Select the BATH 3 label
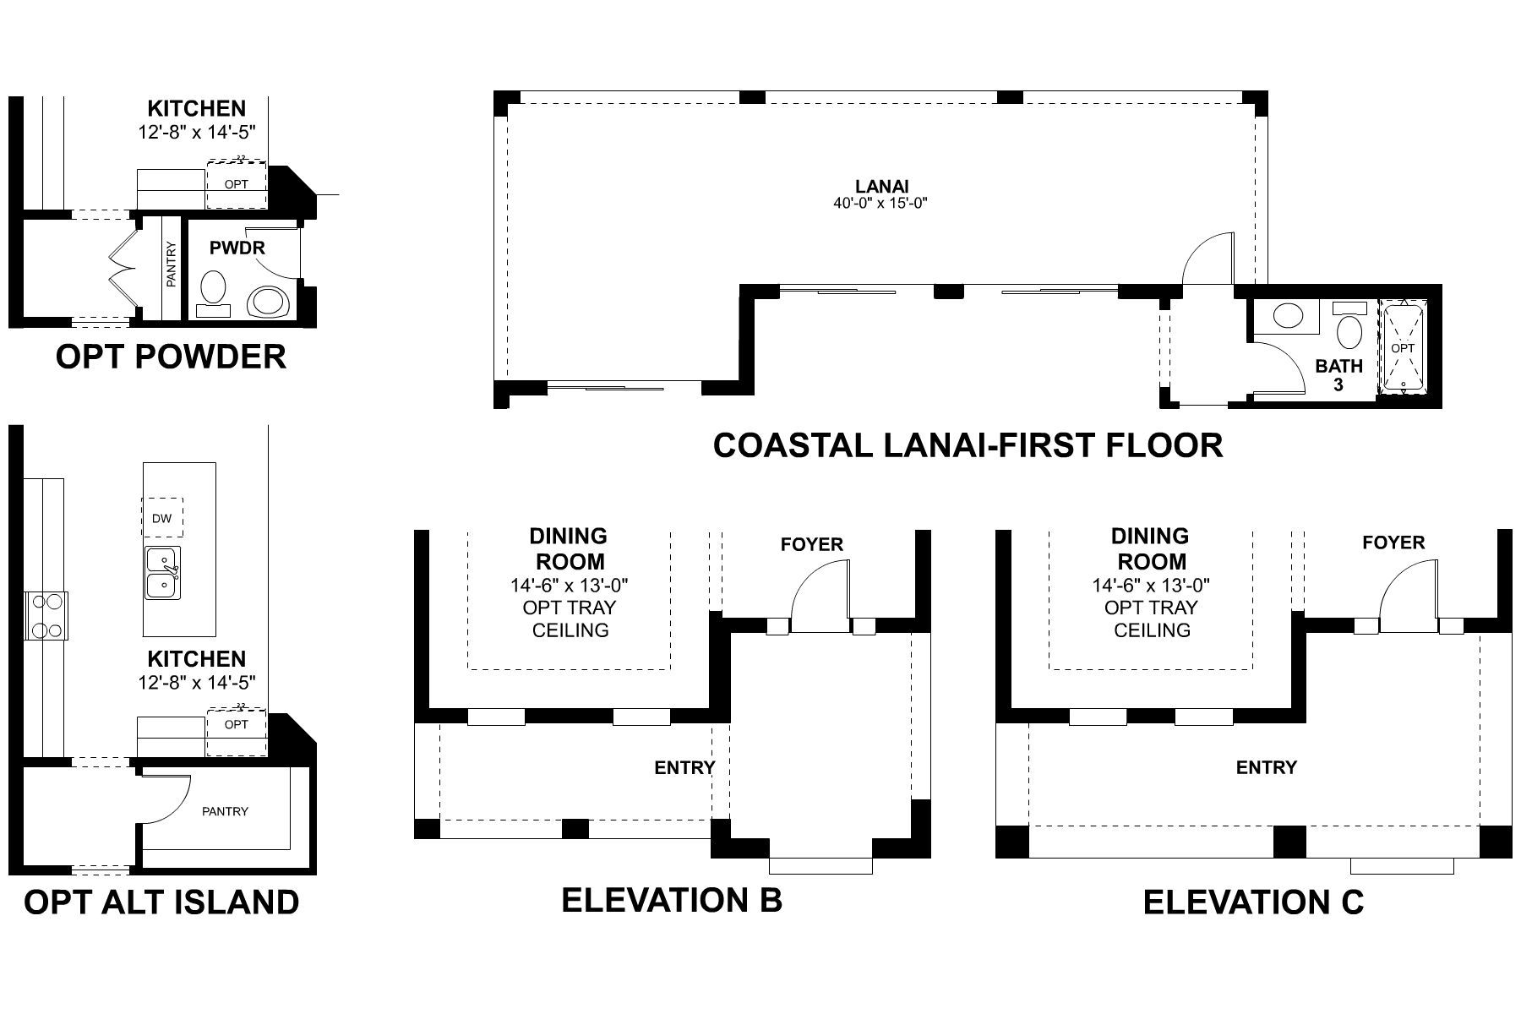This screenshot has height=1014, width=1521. point(1339,375)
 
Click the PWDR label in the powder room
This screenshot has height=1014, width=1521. point(237,248)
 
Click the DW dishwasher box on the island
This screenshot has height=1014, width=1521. point(162,517)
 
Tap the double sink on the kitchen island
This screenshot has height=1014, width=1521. point(162,572)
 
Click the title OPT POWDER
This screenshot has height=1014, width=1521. point(171,357)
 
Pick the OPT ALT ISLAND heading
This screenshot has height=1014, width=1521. point(161,902)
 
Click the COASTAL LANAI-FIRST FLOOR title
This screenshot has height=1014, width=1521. point(968,445)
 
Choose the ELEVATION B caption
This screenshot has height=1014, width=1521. point(672,900)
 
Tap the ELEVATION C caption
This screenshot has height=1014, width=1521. point(1253,902)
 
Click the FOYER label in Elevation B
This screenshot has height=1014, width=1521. point(812,545)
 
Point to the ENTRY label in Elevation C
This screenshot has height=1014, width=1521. point(1267,767)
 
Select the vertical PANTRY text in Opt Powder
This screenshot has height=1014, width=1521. point(172,264)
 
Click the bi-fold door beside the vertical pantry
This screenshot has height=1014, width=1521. point(124,269)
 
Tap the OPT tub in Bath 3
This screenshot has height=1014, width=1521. point(1403,347)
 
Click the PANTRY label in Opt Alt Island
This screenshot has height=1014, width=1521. point(226,811)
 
